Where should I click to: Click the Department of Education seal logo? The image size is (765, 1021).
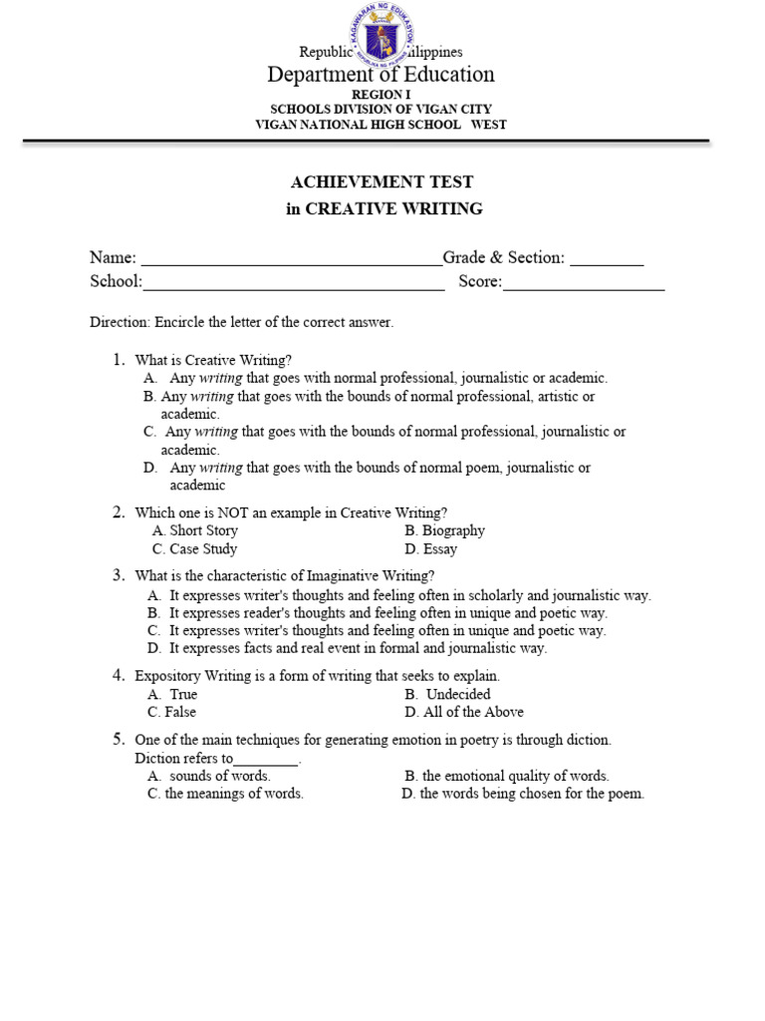382,37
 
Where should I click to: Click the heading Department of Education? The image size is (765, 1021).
380,75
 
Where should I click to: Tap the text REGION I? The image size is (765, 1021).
380,95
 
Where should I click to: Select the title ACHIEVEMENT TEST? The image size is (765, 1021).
382,181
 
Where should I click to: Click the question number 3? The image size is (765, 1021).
118,574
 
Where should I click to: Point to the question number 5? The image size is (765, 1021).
118,739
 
